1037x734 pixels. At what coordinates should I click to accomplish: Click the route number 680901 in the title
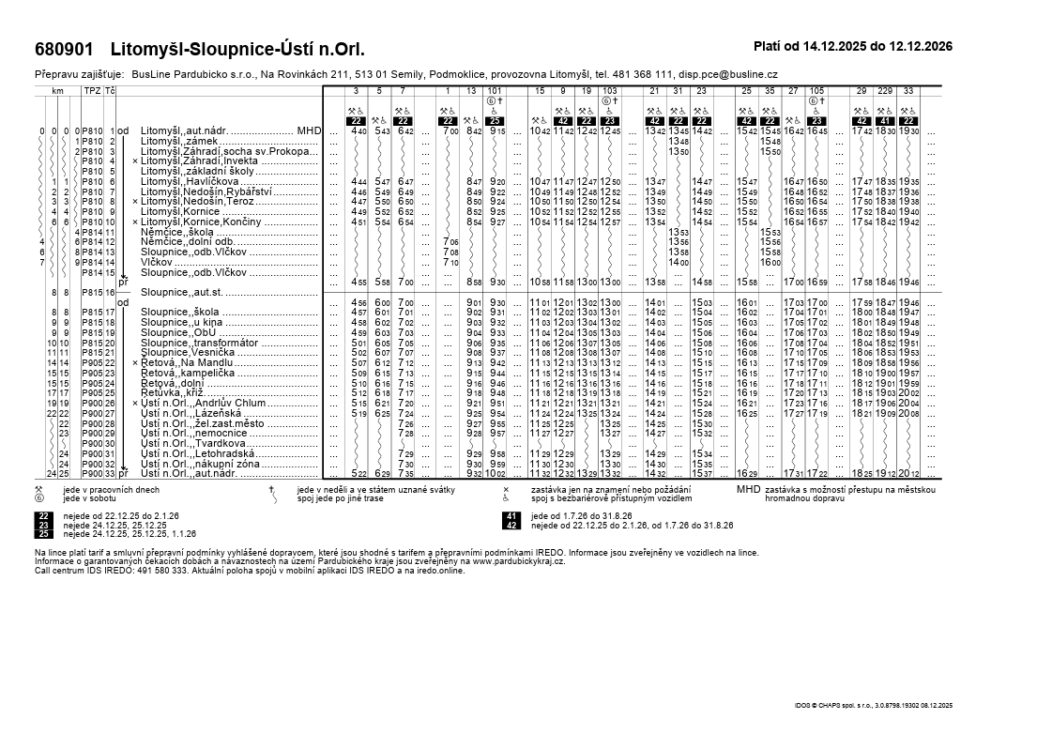pos(64,49)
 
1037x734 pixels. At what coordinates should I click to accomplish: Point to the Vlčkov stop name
pos(159,262)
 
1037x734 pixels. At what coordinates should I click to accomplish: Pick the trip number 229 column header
pos(885,90)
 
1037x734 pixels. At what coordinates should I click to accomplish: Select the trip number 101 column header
pos(496,90)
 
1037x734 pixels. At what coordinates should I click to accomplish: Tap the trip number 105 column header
pos(816,90)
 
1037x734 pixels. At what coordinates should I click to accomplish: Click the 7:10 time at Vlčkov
pos(450,263)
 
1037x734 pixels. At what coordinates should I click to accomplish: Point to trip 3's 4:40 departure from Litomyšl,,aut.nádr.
pos(358,131)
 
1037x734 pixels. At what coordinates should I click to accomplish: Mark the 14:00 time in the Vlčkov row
pos(678,263)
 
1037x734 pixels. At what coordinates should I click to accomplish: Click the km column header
pos(57,90)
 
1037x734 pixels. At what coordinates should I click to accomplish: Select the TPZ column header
pos(92,90)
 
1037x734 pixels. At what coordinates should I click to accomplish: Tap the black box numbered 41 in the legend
pos(512,516)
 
